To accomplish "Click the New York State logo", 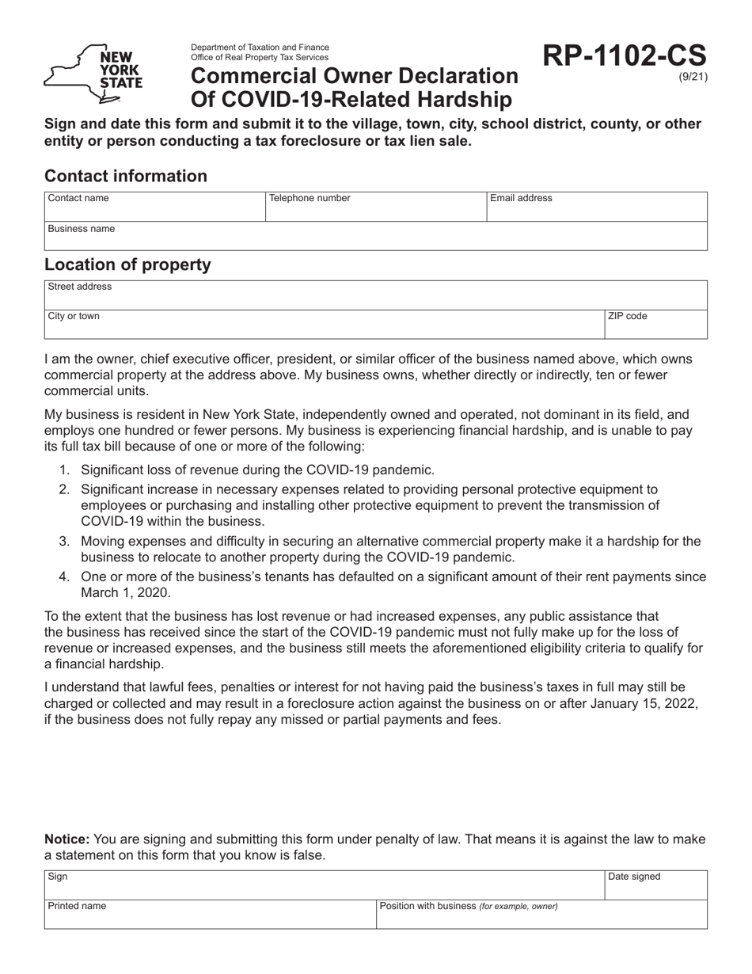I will point(93,74).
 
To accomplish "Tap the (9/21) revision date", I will point(693,78).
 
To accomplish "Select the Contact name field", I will point(154,207).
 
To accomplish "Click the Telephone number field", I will point(375,207).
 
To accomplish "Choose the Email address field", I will point(596,207).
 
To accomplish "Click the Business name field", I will point(375,236).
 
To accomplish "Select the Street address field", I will point(375,295).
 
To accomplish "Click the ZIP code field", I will point(656,324).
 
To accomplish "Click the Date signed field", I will point(656,885).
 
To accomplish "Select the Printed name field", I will point(210,914).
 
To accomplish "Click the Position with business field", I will point(541,914).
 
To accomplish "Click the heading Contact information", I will point(126,176).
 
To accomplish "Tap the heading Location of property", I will point(128,264).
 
